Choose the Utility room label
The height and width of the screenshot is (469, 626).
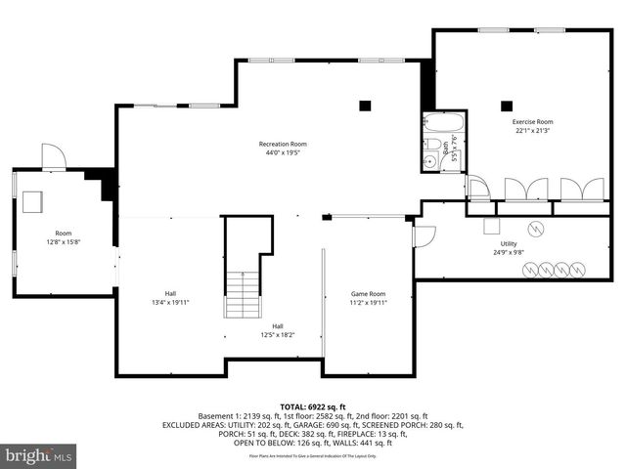(x=509, y=243)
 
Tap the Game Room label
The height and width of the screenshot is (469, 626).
(x=369, y=293)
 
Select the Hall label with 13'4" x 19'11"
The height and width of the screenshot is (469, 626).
(x=170, y=293)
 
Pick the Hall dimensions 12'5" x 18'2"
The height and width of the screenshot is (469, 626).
(x=278, y=335)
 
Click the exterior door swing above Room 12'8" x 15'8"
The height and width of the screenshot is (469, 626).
(x=53, y=154)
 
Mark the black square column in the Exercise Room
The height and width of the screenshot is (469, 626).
(x=507, y=107)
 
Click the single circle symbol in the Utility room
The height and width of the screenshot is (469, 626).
(x=534, y=230)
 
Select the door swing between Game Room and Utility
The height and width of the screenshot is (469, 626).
(x=424, y=235)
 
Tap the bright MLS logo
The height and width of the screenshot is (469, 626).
(x=39, y=455)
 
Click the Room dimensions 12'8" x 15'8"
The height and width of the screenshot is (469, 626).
(x=64, y=242)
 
